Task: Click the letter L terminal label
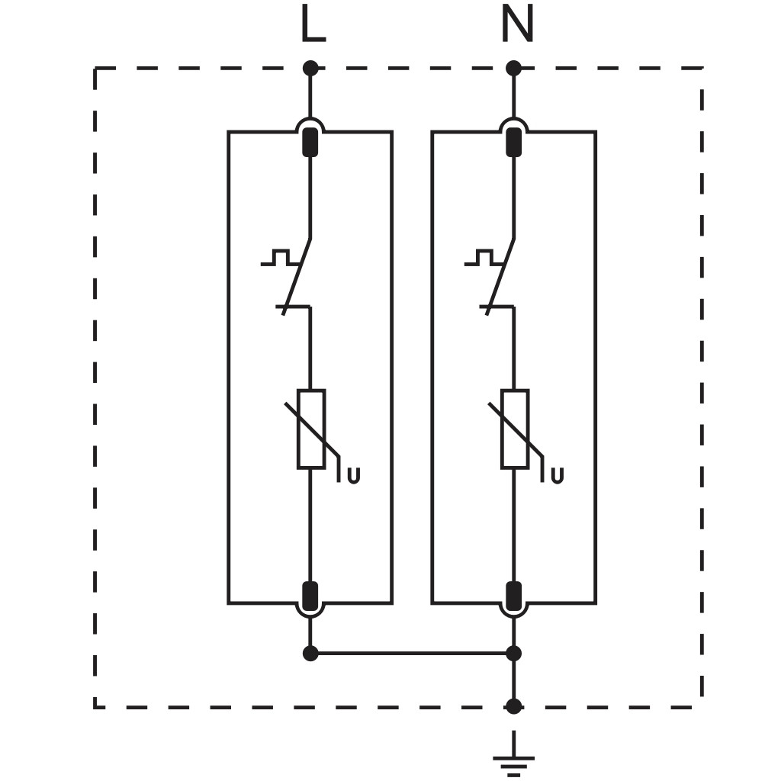tap(313, 24)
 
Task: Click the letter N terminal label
tap(518, 24)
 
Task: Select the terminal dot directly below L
tap(310, 68)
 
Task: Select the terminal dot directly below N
tap(513, 68)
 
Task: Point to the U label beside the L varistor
tap(354, 476)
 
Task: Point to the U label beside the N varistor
tap(558, 476)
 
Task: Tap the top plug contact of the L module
tap(310, 142)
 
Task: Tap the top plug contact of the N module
tap(513, 142)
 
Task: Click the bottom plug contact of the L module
tap(310, 596)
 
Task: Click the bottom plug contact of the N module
tap(513, 596)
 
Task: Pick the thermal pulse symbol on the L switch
tap(280, 257)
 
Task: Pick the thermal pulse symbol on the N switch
tap(484, 257)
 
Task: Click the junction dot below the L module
tap(310, 653)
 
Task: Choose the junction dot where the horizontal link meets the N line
tap(513, 653)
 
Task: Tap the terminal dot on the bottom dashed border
tap(513, 706)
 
